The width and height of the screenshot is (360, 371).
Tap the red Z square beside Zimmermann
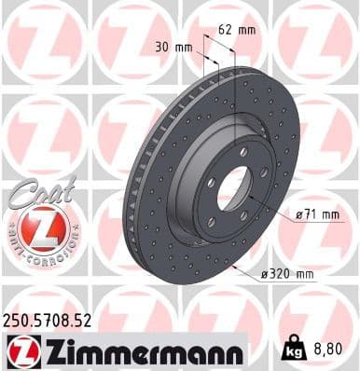click(x=19, y=350)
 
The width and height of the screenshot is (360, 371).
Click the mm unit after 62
click(x=247, y=29)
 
